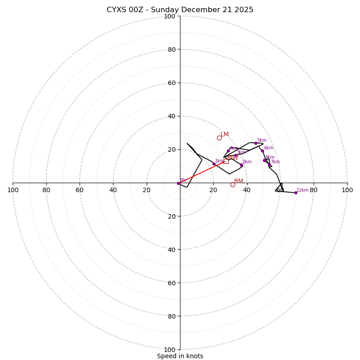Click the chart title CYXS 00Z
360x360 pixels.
(x=180, y=10)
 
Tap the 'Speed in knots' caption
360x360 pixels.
(x=180, y=356)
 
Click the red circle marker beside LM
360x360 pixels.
(x=219, y=138)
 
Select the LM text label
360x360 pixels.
(x=225, y=135)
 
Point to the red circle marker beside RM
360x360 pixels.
(x=233, y=184)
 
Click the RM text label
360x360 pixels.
(x=238, y=181)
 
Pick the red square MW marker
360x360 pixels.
(x=226, y=161)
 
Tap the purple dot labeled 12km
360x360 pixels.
(x=296, y=193)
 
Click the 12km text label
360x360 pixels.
(x=302, y=190)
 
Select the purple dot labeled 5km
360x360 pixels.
(x=256, y=143)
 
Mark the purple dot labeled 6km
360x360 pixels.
(x=262, y=151)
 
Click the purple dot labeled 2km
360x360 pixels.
(x=241, y=165)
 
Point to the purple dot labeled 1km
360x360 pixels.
(x=214, y=164)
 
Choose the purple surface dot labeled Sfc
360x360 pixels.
(x=178, y=183)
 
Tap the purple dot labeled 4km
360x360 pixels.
(x=228, y=151)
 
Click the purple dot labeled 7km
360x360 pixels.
(x=269, y=165)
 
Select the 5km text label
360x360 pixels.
(x=262, y=140)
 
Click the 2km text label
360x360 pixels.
(x=247, y=162)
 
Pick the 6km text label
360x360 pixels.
(x=269, y=148)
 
